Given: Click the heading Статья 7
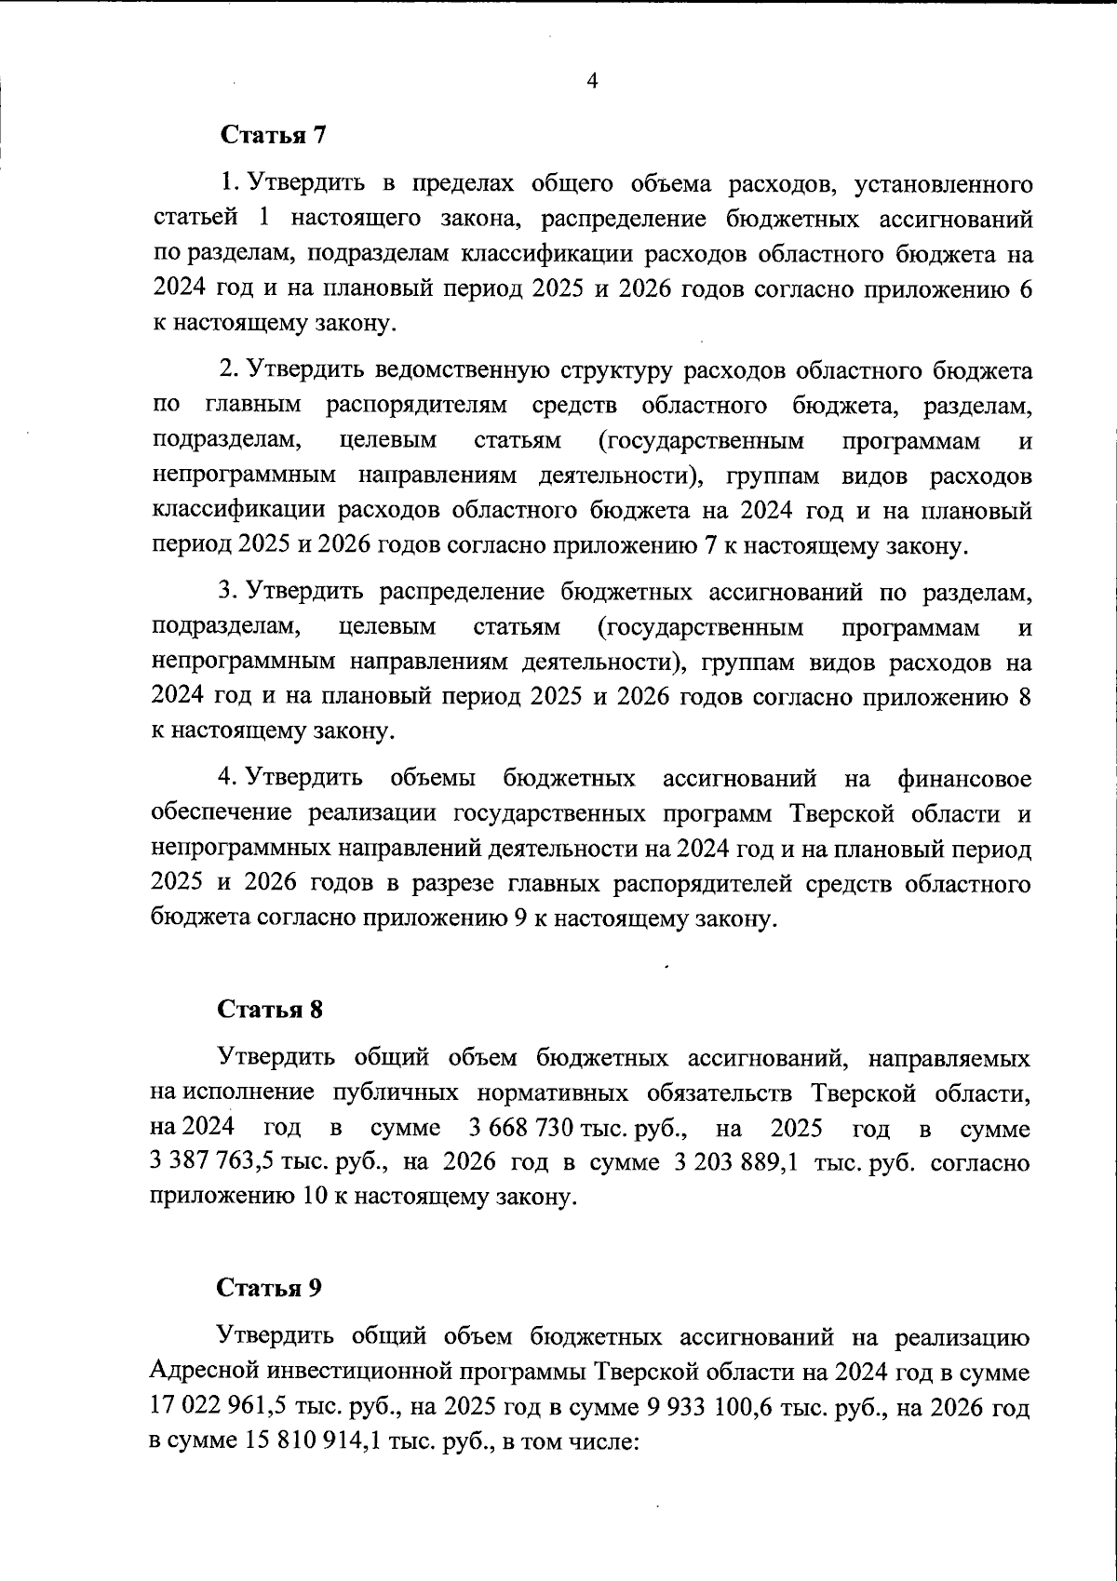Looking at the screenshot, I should coord(273,135).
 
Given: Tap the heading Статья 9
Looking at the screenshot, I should coord(269,1289).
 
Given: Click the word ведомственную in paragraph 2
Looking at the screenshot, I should coord(456,371).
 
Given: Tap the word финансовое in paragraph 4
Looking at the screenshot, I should coord(965,777).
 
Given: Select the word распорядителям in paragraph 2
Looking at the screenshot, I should coord(417,406).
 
